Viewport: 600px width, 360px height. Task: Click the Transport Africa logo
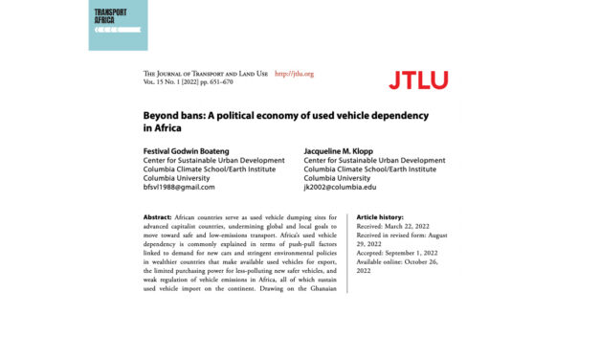118,25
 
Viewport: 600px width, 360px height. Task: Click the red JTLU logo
418,79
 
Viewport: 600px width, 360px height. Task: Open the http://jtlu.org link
294,74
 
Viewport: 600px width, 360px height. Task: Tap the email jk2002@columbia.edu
341,187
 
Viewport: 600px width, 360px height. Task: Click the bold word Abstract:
159,218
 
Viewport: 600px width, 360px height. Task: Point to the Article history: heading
387,218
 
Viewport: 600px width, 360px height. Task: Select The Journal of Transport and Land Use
203,74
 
